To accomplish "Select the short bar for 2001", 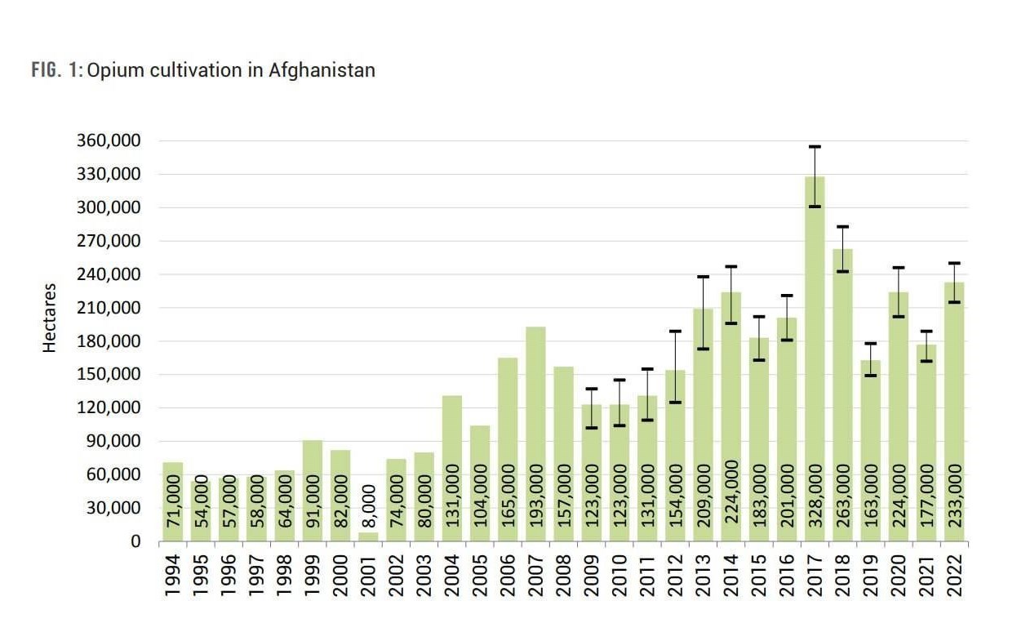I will click(368, 536).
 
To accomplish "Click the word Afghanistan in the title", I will click(322, 70).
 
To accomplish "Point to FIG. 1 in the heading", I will click(56, 70).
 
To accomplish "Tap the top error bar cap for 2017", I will click(815, 147).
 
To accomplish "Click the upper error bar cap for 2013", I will click(704, 277).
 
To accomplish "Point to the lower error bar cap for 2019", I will click(871, 376).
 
